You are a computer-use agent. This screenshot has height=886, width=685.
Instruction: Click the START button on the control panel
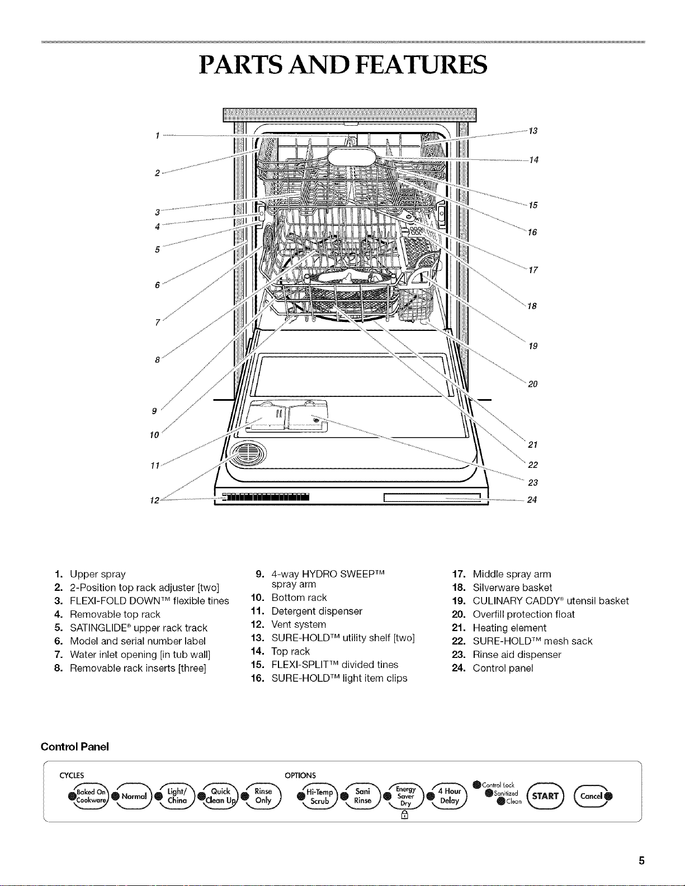point(545,796)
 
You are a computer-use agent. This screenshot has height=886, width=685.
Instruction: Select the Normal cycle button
point(133,796)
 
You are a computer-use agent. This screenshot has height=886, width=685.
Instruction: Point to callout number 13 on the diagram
point(533,131)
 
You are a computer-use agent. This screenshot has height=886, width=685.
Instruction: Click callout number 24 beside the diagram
point(532,500)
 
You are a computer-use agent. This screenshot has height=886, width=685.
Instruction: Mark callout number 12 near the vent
point(155,500)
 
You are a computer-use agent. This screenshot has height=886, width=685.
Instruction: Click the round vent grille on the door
point(248,453)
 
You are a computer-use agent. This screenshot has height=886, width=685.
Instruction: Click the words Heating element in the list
point(509,628)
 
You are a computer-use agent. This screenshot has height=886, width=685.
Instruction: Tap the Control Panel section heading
point(74,747)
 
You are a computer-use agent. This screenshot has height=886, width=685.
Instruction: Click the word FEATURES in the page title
point(422,65)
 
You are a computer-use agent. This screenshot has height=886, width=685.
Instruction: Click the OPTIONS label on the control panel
point(300,775)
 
